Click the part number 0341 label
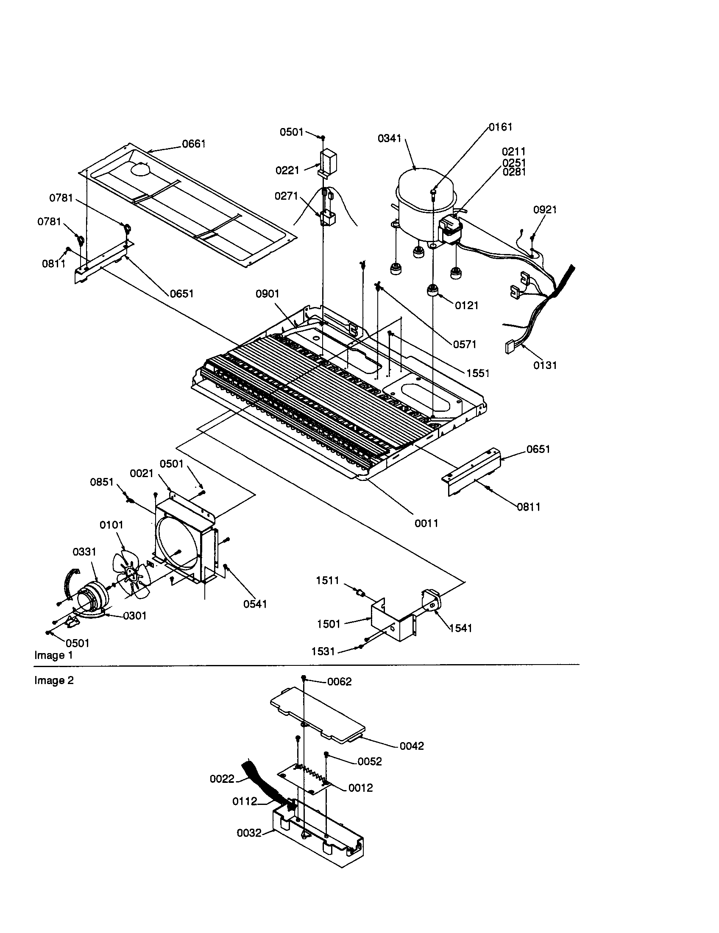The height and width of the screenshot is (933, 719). [389, 138]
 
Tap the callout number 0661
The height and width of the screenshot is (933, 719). [194, 144]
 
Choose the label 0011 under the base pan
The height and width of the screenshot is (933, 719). [426, 523]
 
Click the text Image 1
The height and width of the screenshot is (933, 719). [53, 655]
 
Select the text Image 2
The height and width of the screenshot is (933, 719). [54, 680]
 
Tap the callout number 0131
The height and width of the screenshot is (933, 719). [545, 365]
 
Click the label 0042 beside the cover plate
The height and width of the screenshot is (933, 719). [412, 746]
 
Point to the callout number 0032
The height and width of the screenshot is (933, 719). [249, 845]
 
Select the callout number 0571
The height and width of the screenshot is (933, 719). [465, 344]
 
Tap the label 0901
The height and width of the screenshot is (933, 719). [267, 294]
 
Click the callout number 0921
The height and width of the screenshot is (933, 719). [545, 210]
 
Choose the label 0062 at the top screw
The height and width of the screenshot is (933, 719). [340, 682]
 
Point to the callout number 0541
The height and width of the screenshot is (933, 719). [255, 603]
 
